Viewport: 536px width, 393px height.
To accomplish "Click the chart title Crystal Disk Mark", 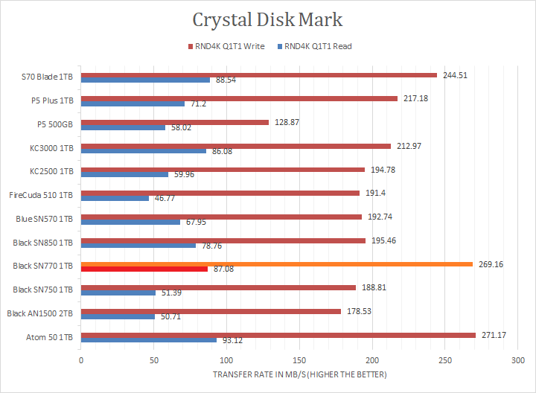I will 267,19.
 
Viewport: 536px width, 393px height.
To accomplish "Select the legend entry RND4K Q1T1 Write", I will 231,46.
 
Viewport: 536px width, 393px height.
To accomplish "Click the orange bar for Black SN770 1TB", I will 276,263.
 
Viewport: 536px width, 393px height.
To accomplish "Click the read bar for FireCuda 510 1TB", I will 115,198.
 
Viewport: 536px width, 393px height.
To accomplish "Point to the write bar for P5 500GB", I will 174,122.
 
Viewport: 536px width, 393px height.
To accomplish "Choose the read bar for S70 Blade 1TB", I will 145,80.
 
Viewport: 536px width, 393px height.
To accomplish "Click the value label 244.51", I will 455,74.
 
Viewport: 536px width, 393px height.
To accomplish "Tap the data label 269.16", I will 491,263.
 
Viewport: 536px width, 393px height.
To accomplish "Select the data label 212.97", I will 409,146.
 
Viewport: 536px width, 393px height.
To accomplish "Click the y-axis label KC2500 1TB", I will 51,171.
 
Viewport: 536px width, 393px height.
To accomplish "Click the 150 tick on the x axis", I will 299,359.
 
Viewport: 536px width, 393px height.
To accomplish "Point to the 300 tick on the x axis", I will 517,359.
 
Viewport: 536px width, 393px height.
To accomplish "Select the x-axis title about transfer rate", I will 300,374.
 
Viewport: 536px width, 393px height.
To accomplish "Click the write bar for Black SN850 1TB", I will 223,240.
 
